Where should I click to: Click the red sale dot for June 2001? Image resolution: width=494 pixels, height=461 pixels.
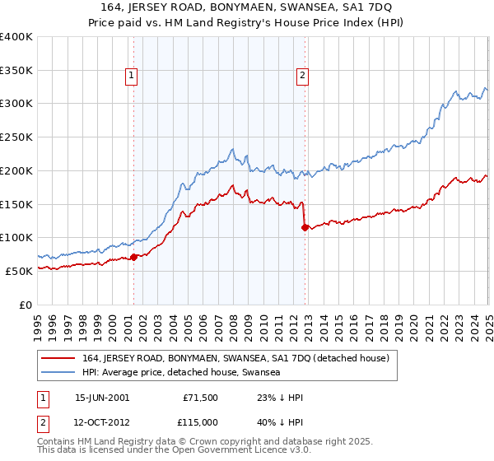pos(133,257)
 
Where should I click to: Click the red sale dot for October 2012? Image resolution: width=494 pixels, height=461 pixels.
pos(305,227)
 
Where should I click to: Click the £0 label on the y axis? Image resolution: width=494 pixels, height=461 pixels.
pos(26,305)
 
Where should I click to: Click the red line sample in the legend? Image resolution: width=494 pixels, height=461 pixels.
pos(58,357)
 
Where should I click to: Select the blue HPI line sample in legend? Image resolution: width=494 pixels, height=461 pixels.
pos(58,372)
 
